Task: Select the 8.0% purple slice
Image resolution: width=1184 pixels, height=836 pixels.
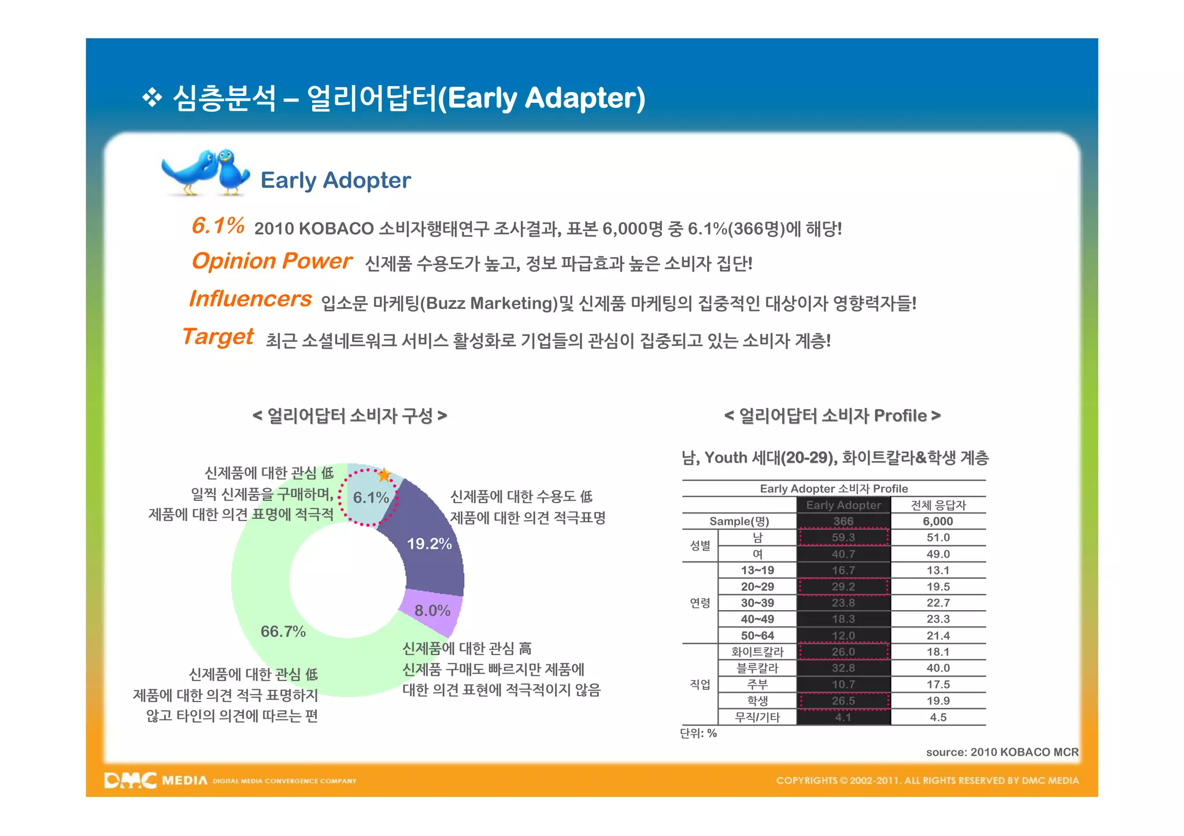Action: click(432, 611)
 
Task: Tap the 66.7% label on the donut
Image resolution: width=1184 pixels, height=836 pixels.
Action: click(283, 631)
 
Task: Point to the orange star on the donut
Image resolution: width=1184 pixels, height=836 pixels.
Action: click(384, 475)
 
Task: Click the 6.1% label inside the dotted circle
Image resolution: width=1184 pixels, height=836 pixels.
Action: click(370, 497)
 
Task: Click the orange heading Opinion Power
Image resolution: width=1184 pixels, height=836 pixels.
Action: click(272, 261)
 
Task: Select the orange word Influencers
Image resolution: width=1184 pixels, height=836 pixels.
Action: click(250, 299)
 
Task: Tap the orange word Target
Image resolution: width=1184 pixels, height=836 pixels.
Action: click(218, 336)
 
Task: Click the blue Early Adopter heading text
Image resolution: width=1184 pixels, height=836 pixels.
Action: click(335, 180)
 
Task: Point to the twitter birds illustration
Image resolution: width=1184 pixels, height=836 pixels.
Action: click(205, 172)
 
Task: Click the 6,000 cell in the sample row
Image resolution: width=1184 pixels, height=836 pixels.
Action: click(938, 521)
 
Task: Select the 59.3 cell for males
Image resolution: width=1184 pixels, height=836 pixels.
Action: click(843, 537)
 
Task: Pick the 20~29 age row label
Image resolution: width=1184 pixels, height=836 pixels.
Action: click(757, 586)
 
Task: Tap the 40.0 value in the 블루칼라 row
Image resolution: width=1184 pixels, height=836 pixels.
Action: click(938, 668)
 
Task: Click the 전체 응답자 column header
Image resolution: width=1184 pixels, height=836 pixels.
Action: click(938, 505)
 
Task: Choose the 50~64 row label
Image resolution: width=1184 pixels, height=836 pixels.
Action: click(757, 636)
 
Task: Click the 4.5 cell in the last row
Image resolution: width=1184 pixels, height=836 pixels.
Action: click(938, 717)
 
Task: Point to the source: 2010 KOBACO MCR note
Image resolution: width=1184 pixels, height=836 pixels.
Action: click(1002, 752)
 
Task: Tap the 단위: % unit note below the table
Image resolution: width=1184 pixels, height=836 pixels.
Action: click(698, 733)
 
